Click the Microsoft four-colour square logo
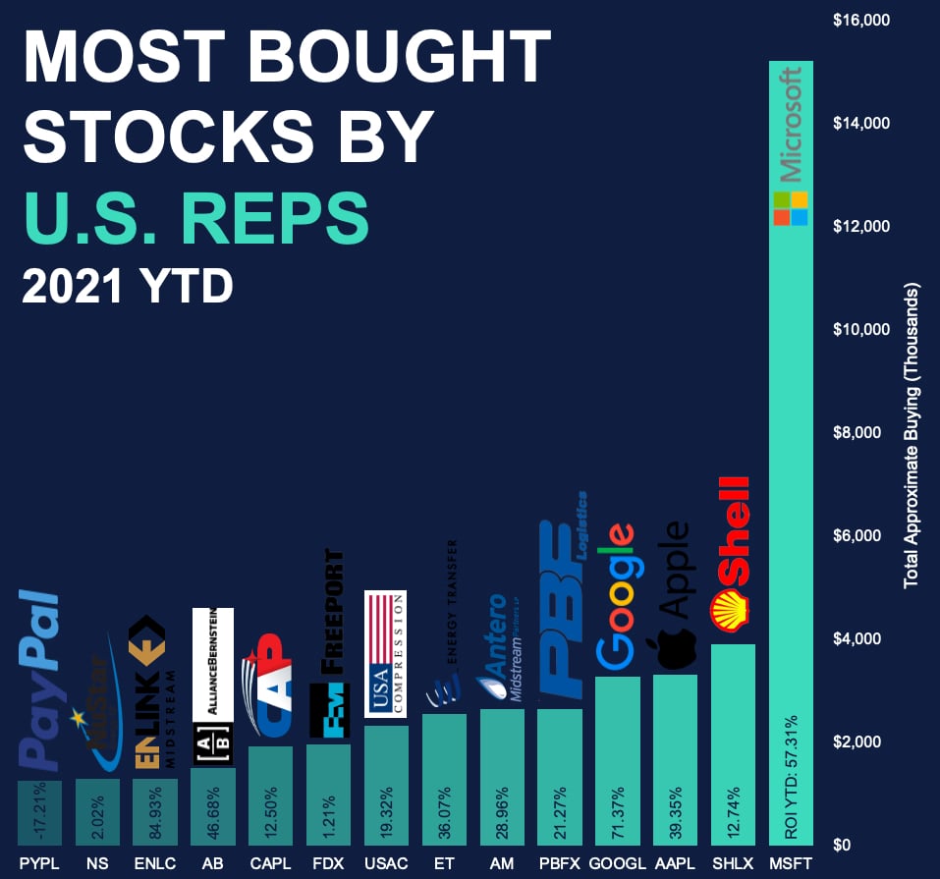click(x=791, y=208)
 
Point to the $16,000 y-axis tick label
click(x=860, y=20)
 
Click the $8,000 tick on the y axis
click(x=862, y=432)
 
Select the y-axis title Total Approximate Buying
click(x=911, y=436)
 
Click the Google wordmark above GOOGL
click(x=617, y=594)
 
